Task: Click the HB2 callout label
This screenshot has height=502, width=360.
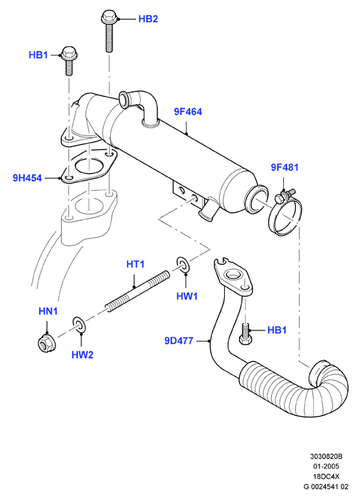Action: tap(148, 19)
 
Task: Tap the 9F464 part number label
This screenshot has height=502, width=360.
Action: tap(188, 112)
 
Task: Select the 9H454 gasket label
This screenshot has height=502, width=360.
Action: tap(27, 178)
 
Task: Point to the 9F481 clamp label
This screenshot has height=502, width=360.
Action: tap(285, 167)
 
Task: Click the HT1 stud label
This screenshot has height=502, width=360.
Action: tap(135, 264)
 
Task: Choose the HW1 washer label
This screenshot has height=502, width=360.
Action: tap(187, 296)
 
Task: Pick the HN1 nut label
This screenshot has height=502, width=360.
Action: tap(48, 311)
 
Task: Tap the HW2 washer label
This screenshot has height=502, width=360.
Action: tap(83, 355)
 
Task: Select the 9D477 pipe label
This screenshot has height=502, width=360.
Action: tap(179, 340)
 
